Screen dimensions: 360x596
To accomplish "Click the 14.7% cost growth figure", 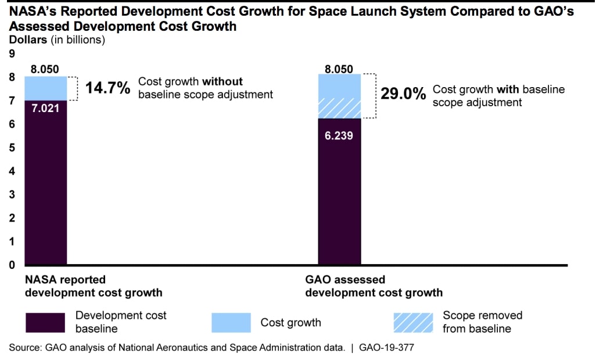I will (108, 88).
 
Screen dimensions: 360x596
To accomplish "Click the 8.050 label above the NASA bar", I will (45, 69).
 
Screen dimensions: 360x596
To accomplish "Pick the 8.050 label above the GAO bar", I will (339, 69).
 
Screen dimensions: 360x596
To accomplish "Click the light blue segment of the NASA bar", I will (45, 88).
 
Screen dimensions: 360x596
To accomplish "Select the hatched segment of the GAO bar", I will (339, 108).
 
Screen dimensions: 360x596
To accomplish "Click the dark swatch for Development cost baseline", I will (45, 322).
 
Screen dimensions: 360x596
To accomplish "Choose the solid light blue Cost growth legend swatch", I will (230, 322).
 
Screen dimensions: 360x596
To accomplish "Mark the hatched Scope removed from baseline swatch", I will (412, 322).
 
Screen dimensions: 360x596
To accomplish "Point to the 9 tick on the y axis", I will (11, 54).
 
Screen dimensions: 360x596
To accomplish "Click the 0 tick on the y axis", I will (11, 265).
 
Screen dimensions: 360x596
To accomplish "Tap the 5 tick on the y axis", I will (11, 147).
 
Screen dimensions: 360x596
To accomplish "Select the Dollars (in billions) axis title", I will (56, 40).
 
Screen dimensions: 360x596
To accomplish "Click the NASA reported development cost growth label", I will (93, 286).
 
